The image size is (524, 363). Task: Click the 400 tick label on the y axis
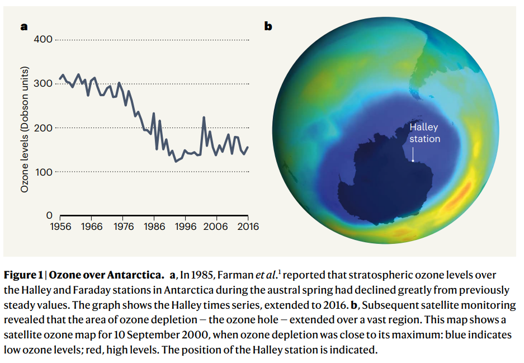pos(43,40)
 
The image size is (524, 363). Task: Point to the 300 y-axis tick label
pos(43,83)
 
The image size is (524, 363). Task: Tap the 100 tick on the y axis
pos(43,172)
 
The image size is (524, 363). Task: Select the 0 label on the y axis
pos(49,215)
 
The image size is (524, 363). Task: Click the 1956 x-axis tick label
pos(60,227)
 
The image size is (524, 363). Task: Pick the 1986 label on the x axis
pos(154,227)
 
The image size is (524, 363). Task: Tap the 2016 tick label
pos(248,227)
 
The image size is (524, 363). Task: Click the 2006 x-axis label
pos(215,227)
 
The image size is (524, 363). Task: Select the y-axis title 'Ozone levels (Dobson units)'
pos(25,130)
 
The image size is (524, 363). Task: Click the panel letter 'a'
pos(24,26)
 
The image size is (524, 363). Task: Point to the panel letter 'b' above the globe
pos(268,26)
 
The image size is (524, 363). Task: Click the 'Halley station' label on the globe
pos(425,133)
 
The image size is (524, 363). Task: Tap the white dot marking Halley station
pos(413,161)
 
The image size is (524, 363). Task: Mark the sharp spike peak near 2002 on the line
pos(204,117)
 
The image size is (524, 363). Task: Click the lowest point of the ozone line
pos(176,162)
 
